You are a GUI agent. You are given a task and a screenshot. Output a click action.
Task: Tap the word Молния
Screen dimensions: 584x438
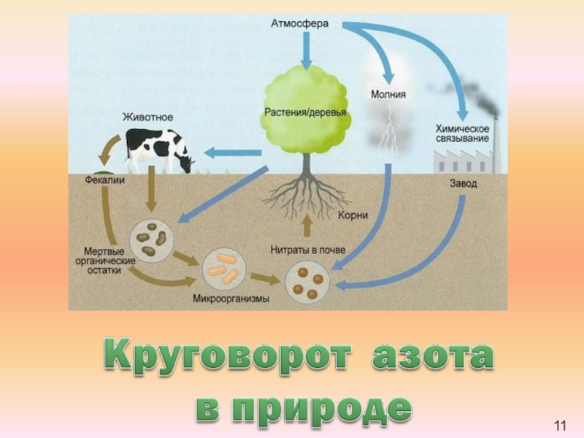[388, 94]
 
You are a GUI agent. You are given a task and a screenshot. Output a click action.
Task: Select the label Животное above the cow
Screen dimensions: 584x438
[147, 116]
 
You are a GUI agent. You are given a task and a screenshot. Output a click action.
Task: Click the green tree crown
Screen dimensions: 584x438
[305, 109]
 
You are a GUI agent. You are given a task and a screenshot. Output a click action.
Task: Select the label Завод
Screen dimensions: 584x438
[463, 183]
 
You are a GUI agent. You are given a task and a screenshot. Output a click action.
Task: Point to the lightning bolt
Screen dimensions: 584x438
[390, 131]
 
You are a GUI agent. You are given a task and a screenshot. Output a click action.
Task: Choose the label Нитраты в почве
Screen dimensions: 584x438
[308, 250]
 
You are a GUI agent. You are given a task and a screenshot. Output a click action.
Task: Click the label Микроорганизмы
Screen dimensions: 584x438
[231, 299]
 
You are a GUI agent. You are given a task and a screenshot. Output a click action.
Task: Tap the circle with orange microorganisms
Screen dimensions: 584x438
[223, 267]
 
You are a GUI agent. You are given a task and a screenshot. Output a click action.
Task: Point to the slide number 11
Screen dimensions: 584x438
[561, 426]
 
